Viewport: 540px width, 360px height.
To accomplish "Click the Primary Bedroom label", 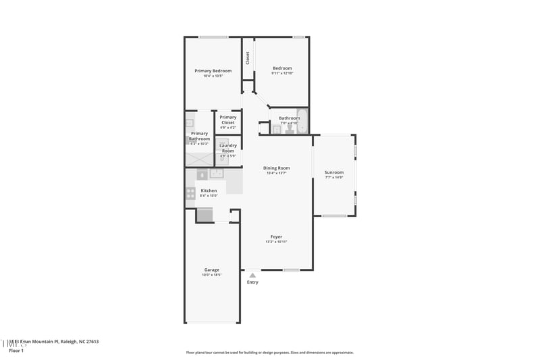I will [x=213, y=71].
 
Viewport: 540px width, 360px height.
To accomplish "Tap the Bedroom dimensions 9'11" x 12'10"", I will [x=282, y=74].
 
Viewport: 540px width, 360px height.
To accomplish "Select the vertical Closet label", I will [x=248, y=58].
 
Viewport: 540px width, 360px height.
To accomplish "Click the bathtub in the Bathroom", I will [x=302, y=122].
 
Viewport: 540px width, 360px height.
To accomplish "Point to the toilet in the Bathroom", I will [x=290, y=129].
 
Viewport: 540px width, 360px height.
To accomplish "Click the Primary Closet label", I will [x=228, y=120].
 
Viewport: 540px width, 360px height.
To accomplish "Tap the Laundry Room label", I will [x=228, y=148].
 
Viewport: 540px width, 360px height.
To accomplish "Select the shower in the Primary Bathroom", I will [x=199, y=159].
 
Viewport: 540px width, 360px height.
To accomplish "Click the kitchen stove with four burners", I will [x=190, y=193].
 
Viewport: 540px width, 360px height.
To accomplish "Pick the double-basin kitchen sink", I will [x=217, y=174].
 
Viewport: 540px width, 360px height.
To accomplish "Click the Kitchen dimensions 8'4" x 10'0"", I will [x=209, y=196].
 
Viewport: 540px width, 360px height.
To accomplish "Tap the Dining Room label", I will [x=276, y=168].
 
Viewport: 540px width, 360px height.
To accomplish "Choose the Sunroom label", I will [x=334, y=172].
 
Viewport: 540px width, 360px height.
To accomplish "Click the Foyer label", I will [x=276, y=236].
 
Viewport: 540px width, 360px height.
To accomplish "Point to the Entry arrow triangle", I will [x=252, y=275].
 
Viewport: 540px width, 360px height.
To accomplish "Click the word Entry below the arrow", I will [x=252, y=282].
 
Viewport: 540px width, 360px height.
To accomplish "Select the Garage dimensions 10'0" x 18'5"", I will [x=212, y=275].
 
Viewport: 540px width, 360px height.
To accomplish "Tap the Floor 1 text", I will [x=16, y=351].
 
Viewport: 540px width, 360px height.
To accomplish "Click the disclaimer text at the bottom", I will [x=269, y=353].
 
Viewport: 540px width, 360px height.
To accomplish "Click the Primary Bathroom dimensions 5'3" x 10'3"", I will [x=199, y=144].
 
